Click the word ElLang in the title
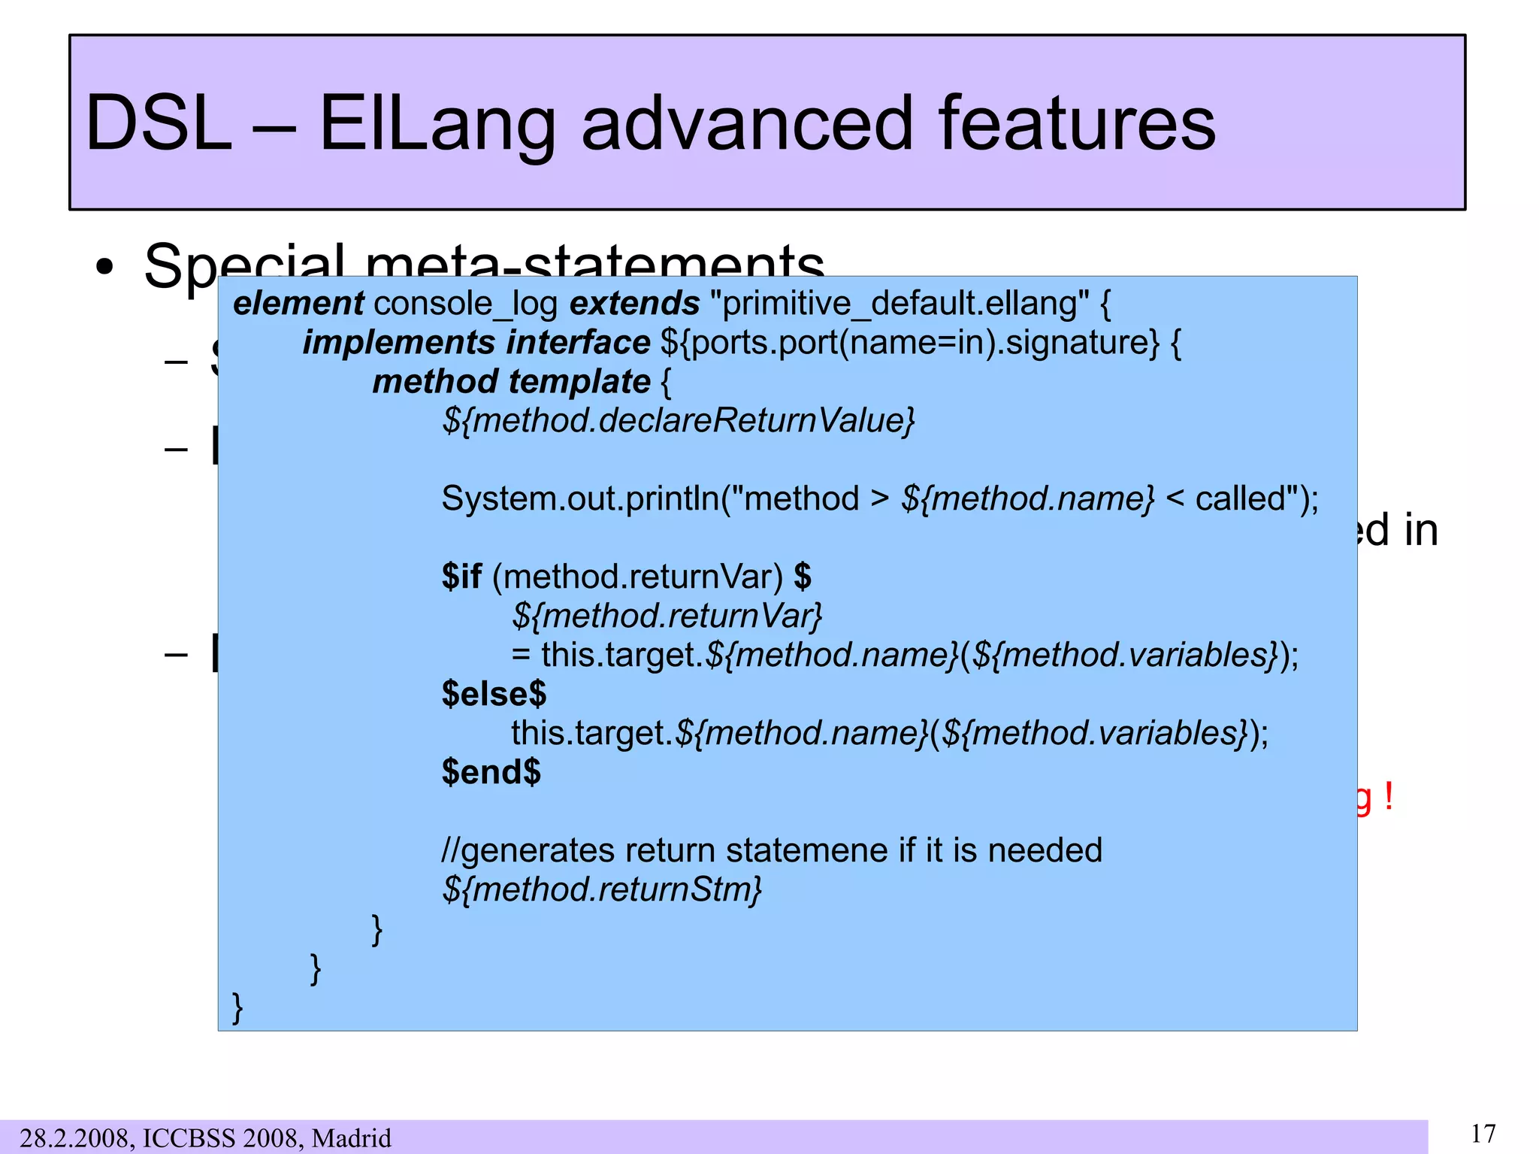pyautogui.click(x=437, y=124)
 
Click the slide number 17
pyautogui.click(x=1483, y=1133)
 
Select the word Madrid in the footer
pyautogui.click(x=351, y=1137)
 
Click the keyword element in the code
pyautogui.click(x=298, y=304)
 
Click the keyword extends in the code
pyautogui.click(x=634, y=304)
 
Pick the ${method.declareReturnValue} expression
pyautogui.click(x=678, y=420)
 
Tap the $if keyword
pyautogui.click(x=461, y=577)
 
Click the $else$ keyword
pyautogui.click(x=494, y=694)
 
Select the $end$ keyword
pyautogui.click(x=491, y=772)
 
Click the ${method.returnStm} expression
pyautogui.click(x=601, y=889)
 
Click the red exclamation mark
pyautogui.click(x=1388, y=795)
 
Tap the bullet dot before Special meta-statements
pyautogui.click(x=104, y=267)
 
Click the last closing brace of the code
pyautogui.click(x=237, y=1007)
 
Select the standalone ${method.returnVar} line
pyautogui.click(x=667, y=616)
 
